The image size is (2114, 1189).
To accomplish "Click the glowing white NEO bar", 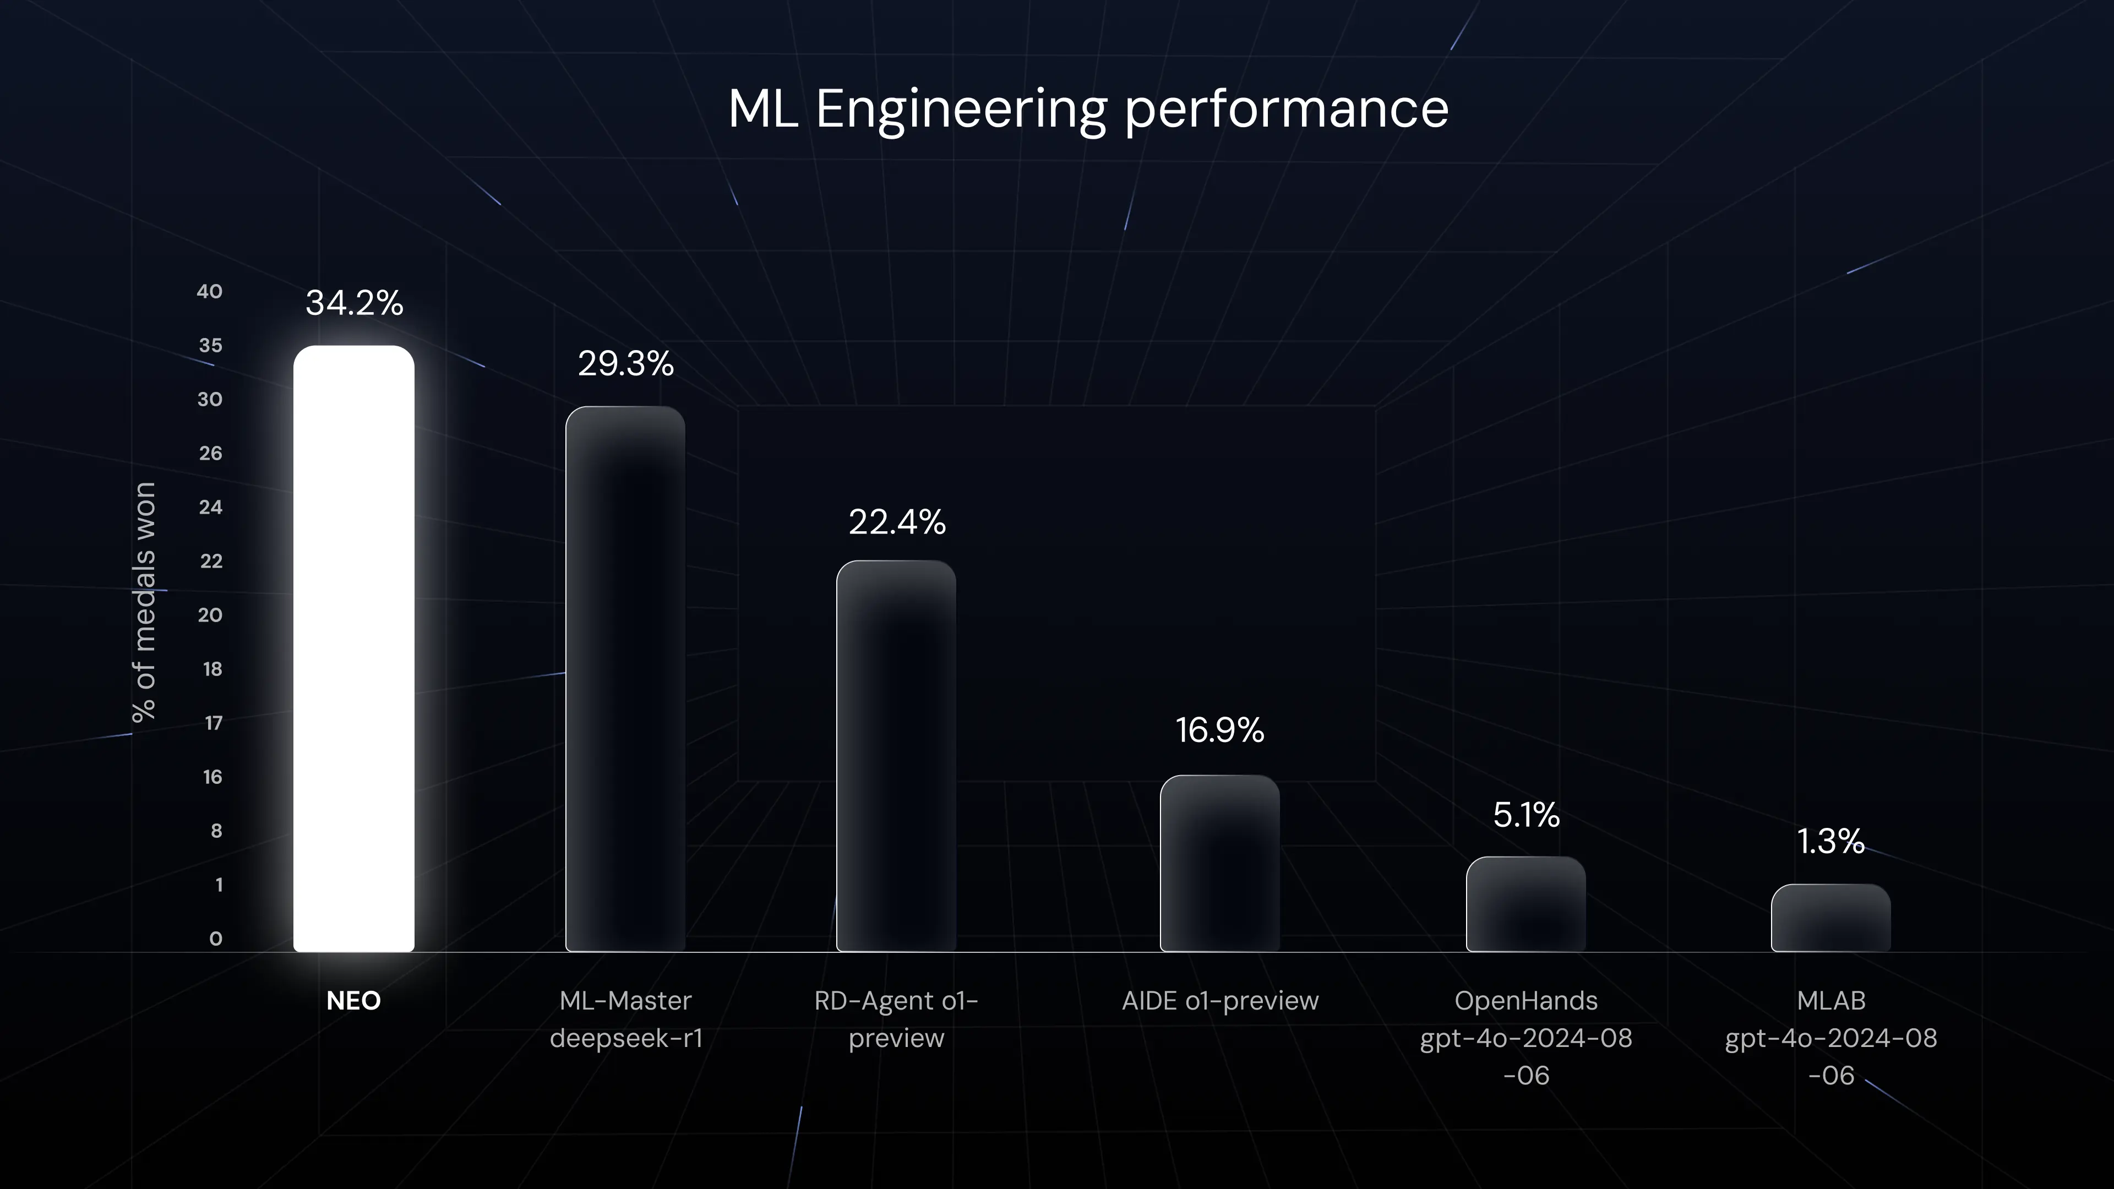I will (353, 648).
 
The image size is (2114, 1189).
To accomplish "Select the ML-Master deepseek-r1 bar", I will (625, 679).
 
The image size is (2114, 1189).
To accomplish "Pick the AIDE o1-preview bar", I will (1219, 863).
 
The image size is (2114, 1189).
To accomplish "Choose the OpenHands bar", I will (1525, 904).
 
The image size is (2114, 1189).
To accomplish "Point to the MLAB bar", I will (1831, 918).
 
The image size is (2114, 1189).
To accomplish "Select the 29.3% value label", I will (625, 363).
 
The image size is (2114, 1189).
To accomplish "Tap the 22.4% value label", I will (897, 522).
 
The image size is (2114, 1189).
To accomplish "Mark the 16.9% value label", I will (1219, 730).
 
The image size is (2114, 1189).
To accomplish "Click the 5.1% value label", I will (1525, 815).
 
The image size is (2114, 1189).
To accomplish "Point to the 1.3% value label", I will (1831, 841).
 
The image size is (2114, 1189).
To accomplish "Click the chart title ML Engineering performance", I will (1088, 109).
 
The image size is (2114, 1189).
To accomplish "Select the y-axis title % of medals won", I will (144, 602).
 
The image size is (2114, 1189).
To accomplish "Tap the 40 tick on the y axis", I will (209, 291).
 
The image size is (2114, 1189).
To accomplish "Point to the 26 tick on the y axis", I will (210, 453).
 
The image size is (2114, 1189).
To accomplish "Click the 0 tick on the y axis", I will (215, 939).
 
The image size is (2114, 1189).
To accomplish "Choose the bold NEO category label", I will (353, 1000).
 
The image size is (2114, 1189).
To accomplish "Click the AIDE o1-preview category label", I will (1219, 1000).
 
